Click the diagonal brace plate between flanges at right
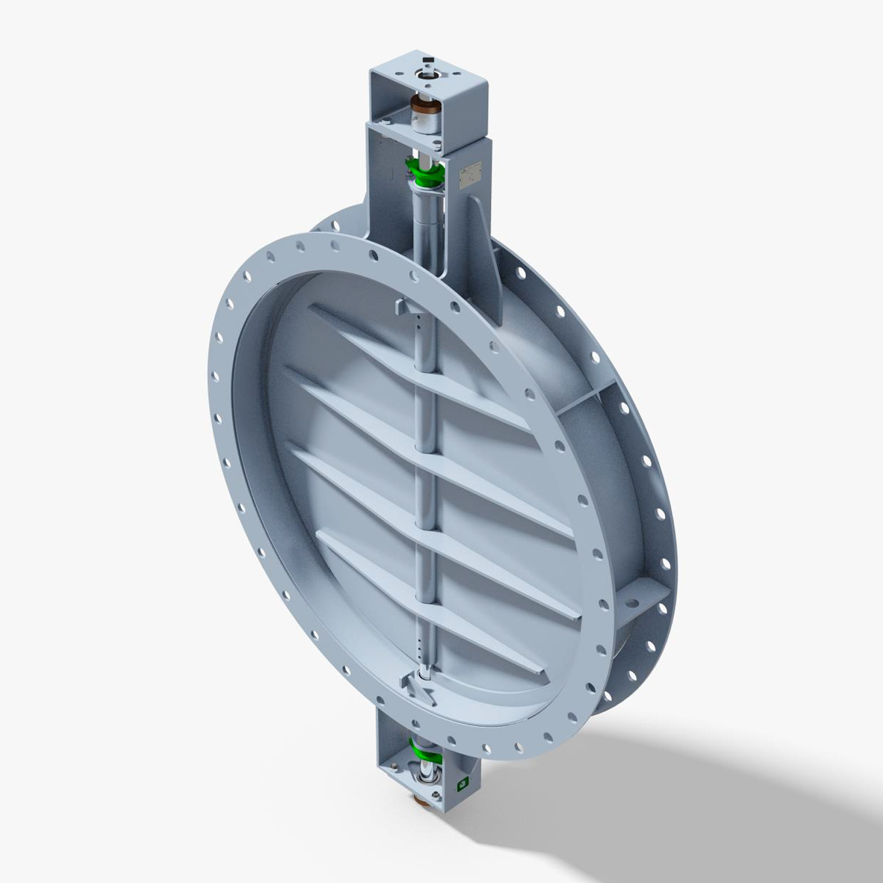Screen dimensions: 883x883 pyautogui.click(x=580, y=400)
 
